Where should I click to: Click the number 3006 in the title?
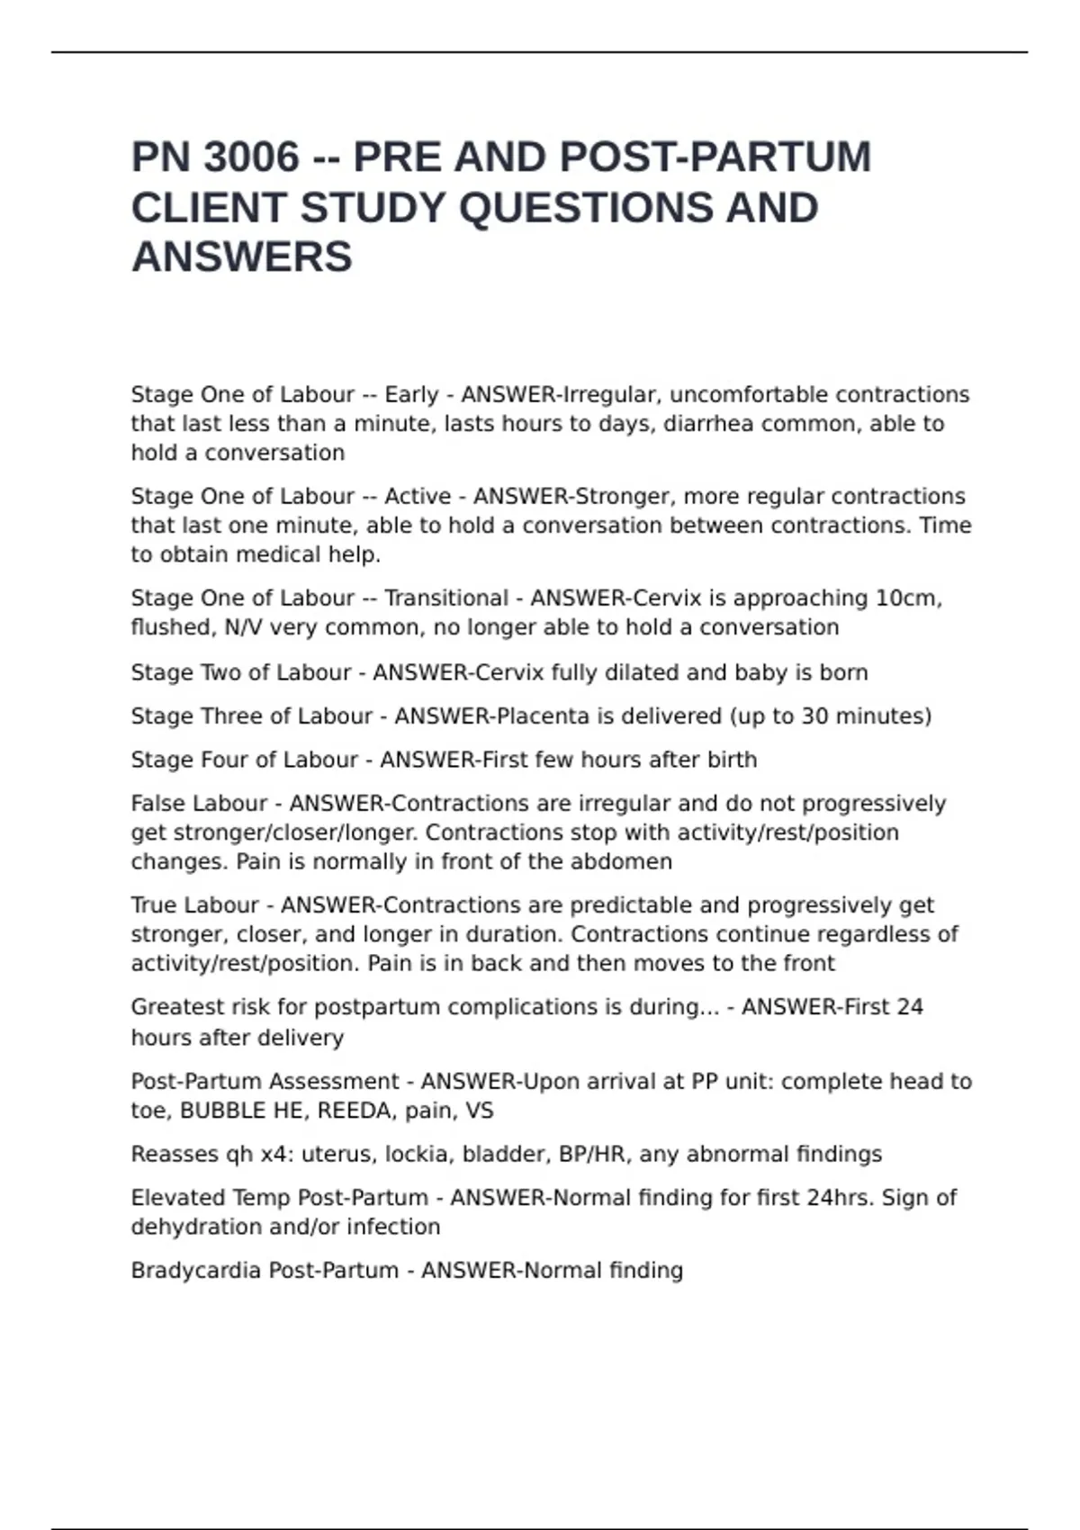pyautogui.click(x=251, y=157)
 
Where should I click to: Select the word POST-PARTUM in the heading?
pyautogui.click(x=715, y=157)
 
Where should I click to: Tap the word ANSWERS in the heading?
pyautogui.click(x=241, y=257)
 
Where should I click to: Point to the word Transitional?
pyautogui.click(x=446, y=598)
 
